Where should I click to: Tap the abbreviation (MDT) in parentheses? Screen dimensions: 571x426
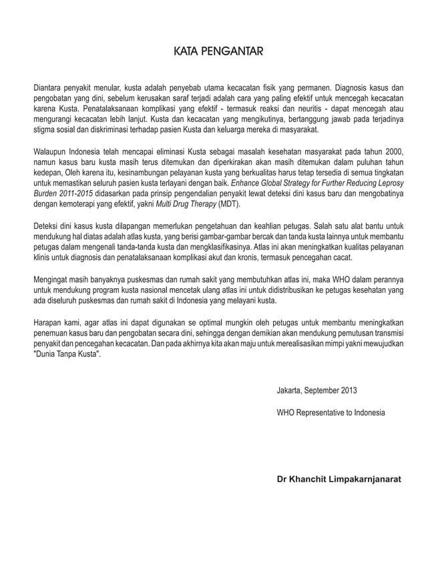tap(228, 205)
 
